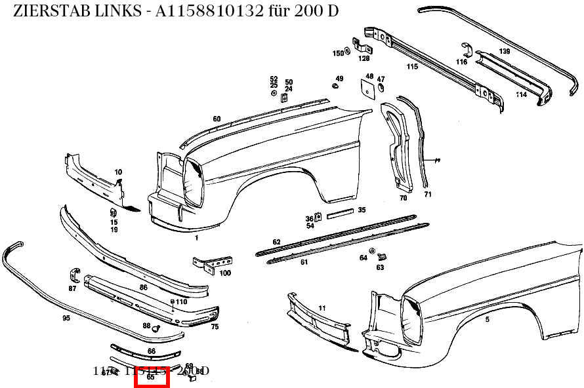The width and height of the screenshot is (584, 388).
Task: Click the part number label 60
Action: [x=217, y=119]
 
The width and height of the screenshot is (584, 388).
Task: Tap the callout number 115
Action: [x=412, y=67]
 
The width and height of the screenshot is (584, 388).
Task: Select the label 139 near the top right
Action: [x=504, y=51]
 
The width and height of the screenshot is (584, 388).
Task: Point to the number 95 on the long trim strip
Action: [x=66, y=319]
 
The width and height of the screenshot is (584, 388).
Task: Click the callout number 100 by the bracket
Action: [x=225, y=273]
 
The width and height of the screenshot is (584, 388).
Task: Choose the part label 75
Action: [x=215, y=326]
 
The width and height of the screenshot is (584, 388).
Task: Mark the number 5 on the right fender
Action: [x=487, y=319]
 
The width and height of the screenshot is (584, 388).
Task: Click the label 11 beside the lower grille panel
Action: [x=322, y=307]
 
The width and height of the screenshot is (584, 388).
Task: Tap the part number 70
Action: [x=403, y=197]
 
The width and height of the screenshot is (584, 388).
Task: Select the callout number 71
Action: [x=428, y=195]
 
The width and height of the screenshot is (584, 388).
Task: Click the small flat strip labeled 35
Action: [x=341, y=214]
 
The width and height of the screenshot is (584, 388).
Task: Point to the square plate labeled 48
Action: [x=365, y=87]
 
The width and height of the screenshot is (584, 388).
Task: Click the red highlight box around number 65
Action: [x=152, y=377]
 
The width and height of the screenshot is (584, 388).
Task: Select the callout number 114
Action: [x=521, y=94]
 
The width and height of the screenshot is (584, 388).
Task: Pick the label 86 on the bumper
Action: [x=144, y=288]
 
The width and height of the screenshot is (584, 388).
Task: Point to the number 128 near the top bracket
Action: [x=364, y=58]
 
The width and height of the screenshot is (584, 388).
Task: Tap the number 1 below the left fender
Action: [x=196, y=238]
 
